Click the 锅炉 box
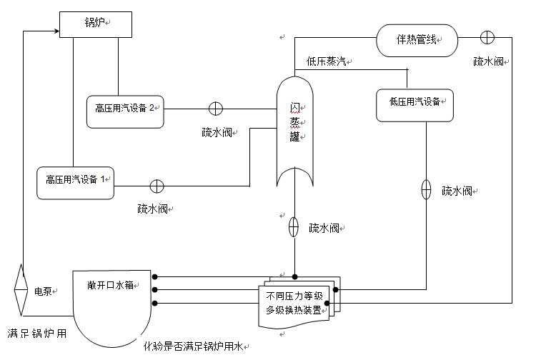pyautogui.click(x=95, y=24)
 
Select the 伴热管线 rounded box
pyautogui.click(x=417, y=41)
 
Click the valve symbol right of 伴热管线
pyautogui.click(x=487, y=38)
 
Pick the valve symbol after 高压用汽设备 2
pyautogui.click(x=215, y=109)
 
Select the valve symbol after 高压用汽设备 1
pyautogui.click(x=157, y=186)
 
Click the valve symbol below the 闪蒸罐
pyautogui.click(x=293, y=228)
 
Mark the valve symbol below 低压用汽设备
pyautogui.click(x=426, y=189)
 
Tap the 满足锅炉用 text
pyautogui.click(x=37, y=333)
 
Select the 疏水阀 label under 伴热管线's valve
pyautogui.click(x=490, y=62)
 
